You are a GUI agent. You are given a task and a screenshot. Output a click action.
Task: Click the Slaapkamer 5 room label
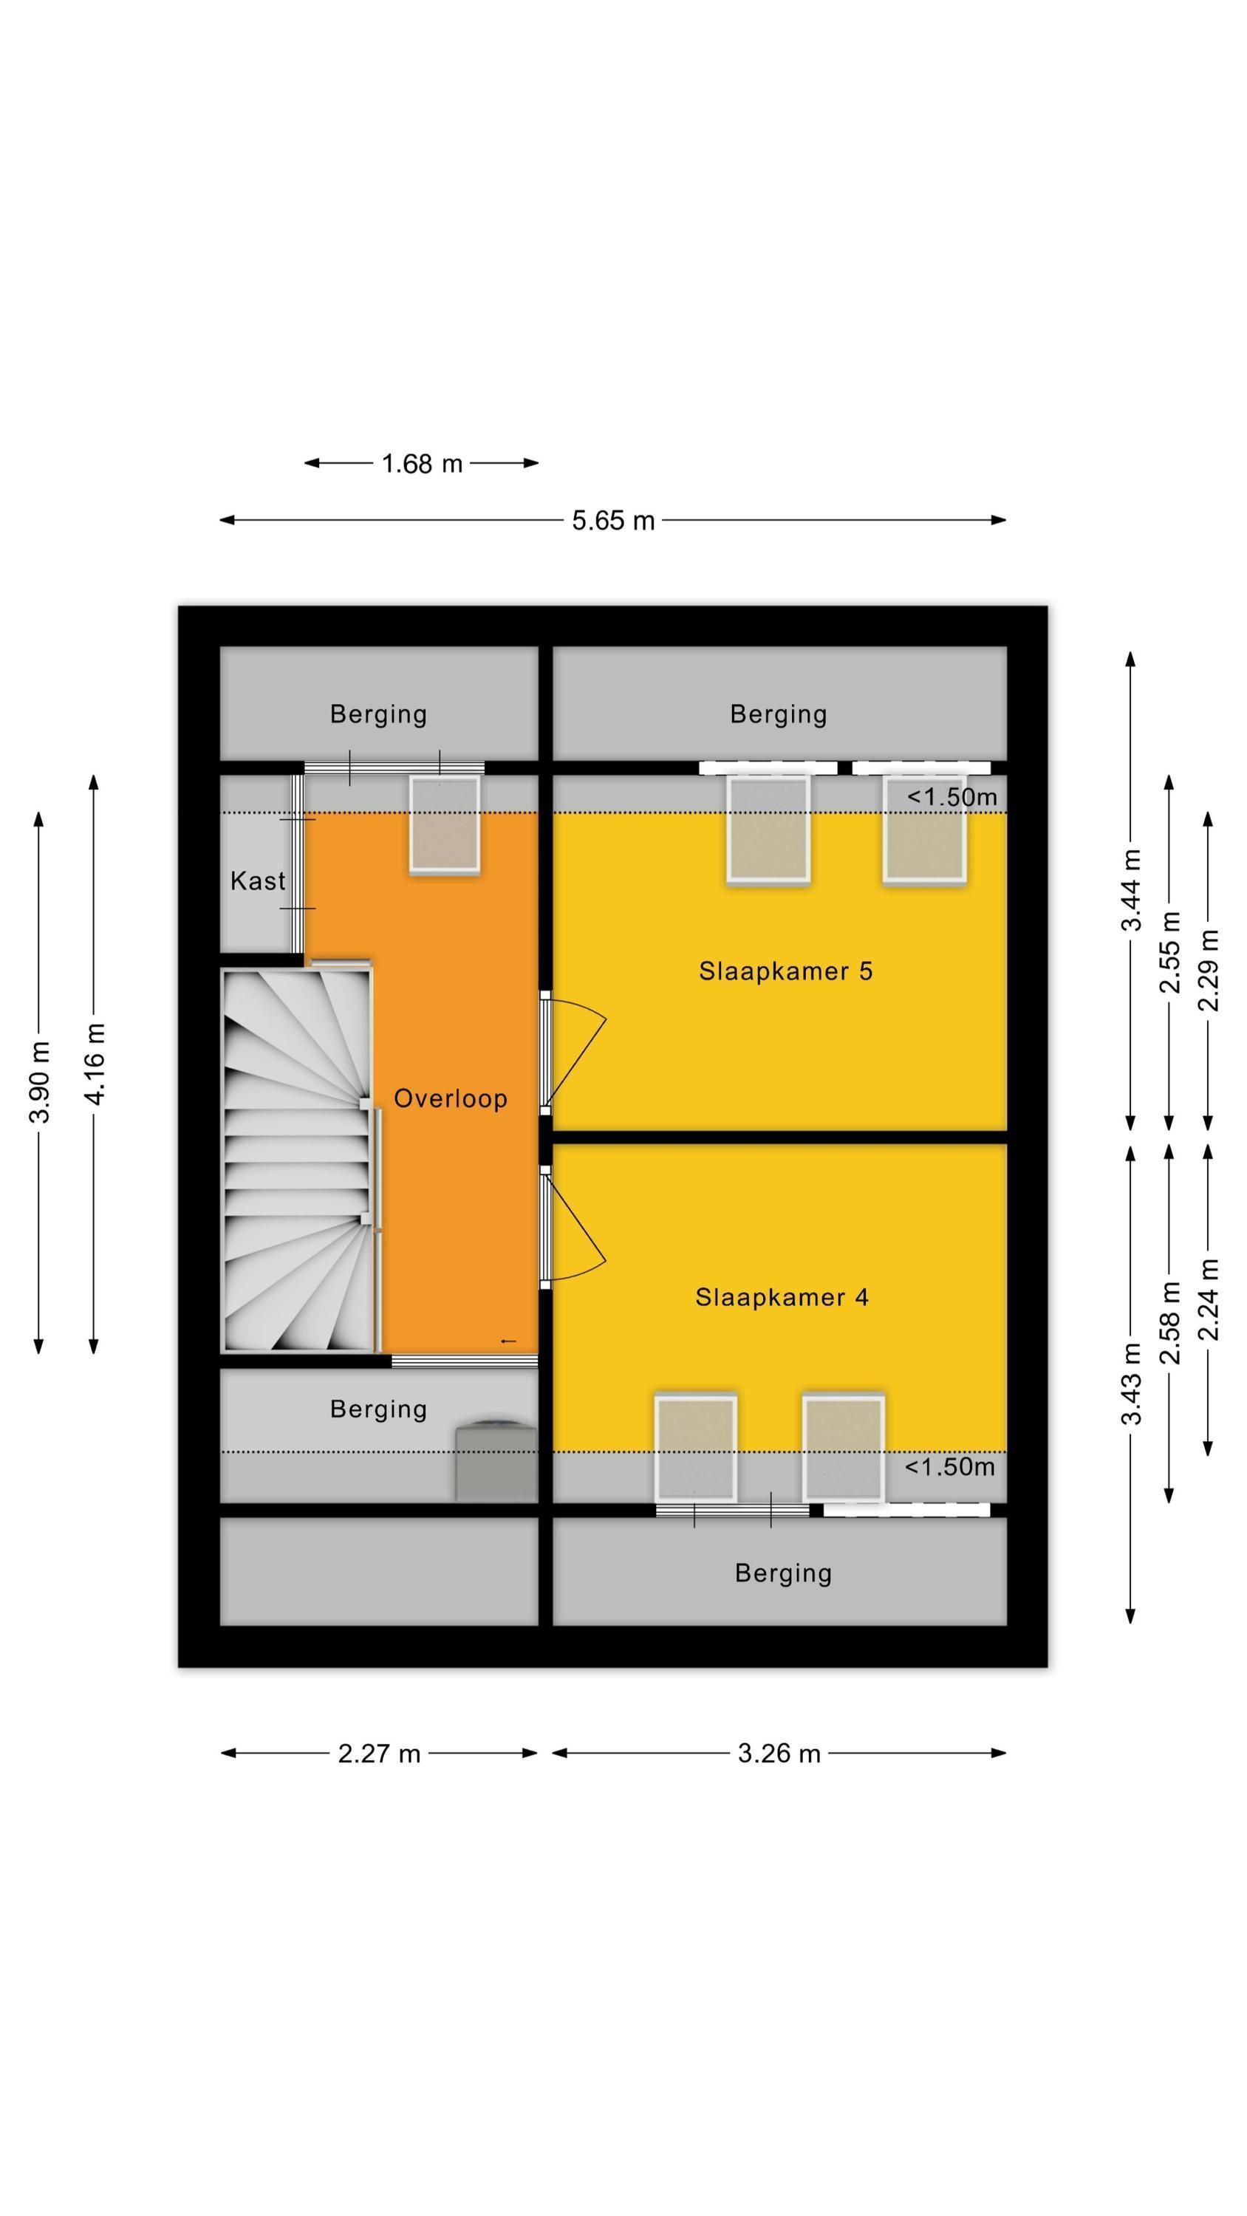[x=785, y=971]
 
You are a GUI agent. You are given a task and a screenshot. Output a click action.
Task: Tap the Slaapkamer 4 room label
[x=782, y=1297]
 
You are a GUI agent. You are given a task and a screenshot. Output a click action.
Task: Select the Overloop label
[x=450, y=1098]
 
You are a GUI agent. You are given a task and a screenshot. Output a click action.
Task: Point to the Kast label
[x=257, y=881]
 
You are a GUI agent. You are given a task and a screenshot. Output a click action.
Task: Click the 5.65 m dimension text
[x=612, y=521]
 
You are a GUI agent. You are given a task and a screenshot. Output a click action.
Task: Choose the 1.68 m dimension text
[x=422, y=464]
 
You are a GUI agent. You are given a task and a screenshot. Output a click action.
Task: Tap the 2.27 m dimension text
[x=379, y=1753]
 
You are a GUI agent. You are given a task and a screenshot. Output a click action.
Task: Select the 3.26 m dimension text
[x=779, y=1753]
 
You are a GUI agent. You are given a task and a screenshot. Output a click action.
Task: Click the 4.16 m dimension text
[x=94, y=1064]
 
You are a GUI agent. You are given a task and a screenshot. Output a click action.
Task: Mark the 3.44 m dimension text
[x=1131, y=890]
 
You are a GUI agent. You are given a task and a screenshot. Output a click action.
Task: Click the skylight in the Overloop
[x=444, y=826]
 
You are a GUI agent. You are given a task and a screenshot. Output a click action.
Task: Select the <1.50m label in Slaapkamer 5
[x=951, y=798]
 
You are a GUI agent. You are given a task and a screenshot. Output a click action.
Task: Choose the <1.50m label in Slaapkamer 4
[x=949, y=1467]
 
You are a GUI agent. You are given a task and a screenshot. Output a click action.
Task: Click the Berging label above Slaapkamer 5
[x=778, y=714]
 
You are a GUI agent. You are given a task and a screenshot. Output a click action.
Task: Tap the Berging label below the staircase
[x=379, y=1409]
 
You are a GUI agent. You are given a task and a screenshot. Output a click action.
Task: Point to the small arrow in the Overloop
[x=508, y=1341]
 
